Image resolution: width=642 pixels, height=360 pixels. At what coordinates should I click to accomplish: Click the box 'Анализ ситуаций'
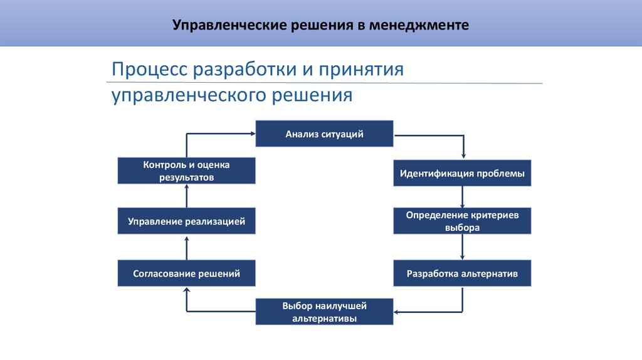324,133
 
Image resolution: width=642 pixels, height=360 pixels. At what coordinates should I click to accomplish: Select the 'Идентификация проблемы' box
462,172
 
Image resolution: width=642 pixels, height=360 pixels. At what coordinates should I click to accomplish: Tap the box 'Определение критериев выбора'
462,221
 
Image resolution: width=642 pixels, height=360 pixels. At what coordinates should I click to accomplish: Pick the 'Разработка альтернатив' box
462,273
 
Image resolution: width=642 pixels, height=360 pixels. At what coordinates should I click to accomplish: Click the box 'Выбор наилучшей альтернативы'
324,312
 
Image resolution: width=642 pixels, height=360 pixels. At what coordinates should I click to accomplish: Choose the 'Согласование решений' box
186,273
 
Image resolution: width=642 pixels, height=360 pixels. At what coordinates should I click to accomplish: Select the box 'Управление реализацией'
186,221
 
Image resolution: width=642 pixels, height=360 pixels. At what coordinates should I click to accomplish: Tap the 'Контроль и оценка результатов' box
186,171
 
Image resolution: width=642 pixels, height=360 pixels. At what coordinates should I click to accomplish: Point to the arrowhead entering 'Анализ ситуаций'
251,133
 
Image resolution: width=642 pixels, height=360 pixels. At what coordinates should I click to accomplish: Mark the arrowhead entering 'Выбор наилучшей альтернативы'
397,312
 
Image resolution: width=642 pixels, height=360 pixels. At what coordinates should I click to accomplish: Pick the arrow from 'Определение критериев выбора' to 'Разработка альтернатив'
462,247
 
